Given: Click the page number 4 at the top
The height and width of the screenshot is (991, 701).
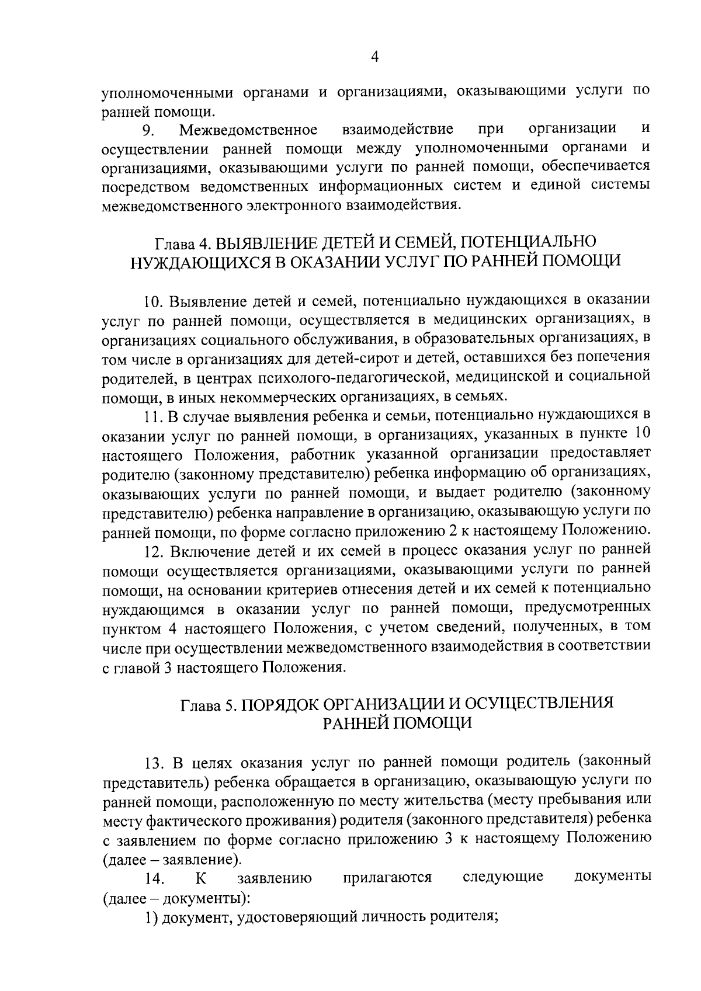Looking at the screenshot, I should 375,57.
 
